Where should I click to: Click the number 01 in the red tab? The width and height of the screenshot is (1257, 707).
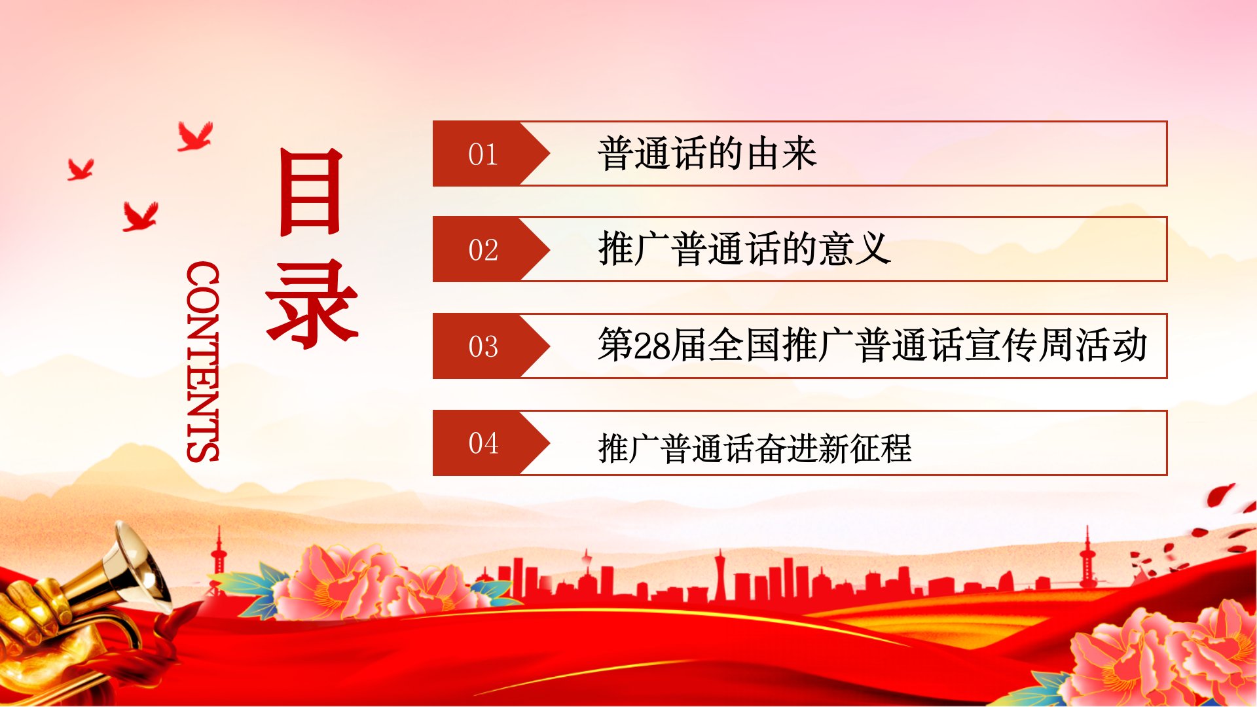(x=483, y=154)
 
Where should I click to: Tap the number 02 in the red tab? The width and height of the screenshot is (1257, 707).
(x=483, y=250)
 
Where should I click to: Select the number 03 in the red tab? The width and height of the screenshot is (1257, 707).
(x=483, y=346)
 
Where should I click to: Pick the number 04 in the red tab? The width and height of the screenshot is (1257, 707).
(x=483, y=443)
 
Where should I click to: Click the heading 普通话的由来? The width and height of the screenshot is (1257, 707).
(x=707, y=154)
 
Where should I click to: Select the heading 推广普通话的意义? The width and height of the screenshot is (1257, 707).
(x=744, y=249)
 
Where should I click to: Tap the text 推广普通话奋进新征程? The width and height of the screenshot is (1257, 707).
(x=754, y=448)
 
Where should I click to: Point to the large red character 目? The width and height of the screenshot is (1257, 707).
(x=311, y=191)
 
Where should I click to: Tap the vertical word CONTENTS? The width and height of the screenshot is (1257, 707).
(x=203, y=362)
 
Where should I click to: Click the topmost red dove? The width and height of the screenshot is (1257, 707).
(x=195, y=136)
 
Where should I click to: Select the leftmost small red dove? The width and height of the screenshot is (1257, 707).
(x=81, y=170)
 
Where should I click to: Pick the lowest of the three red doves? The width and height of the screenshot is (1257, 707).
(x=140, y=217)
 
